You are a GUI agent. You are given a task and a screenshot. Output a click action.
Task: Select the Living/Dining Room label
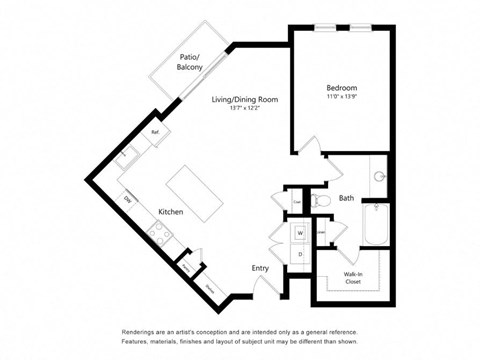pyautogui.click(x=244, y=100)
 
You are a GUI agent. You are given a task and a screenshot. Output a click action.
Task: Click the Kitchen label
pyautogui.click(x=171, y=212)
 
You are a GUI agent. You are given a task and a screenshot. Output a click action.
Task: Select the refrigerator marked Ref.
pyautogui.click(x=156, y=132)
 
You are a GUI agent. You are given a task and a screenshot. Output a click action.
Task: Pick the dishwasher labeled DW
pyautogui.click(x=128, y=198)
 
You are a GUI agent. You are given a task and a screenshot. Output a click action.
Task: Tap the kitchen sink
pyautogui.click(x=124, y=154)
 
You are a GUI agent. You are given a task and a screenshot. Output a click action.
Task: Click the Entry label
pyautogui.click(x=260, y=267)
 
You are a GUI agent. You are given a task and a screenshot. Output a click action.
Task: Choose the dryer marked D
pyautogui.click(x=298, y=255)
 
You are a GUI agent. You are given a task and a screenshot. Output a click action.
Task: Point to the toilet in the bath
pyautogui.click(x=319, y=201)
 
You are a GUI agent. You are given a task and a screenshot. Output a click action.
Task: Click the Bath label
pyautogui.click(x=346, y=198)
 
